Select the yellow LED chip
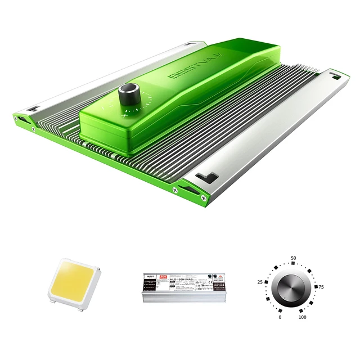pyautogui.click(x=73, y=281)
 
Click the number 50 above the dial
pyautogui.click(x=293, y=258)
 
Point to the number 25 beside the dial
pyautogui.click(x=260, y=282)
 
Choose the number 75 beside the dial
pyautogui.click(x=321, y=287)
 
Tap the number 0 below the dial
pyautogui.click(x=280, y=317)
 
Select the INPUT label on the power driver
pyautogui.click(x=150, y=276)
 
